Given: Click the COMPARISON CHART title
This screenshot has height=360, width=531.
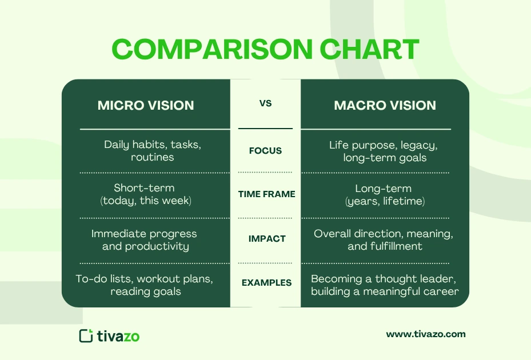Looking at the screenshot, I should (265, 50).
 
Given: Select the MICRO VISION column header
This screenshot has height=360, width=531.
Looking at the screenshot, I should (146, 105).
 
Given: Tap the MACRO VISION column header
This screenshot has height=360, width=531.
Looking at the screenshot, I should (385, 105).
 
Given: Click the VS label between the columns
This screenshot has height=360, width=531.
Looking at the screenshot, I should (265, 104).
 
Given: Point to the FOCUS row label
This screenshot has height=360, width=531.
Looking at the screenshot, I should (265, 151).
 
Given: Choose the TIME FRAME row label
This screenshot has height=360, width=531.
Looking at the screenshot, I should (266, 194).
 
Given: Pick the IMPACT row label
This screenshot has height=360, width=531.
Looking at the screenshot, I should (265, 239).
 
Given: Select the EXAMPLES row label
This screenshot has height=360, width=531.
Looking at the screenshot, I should (266, 283).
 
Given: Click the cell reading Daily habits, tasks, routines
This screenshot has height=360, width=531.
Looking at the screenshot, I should (152, 151).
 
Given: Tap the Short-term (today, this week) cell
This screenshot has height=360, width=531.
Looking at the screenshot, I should (152, 194).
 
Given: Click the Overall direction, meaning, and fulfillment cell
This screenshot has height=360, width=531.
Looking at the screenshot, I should (384, 240).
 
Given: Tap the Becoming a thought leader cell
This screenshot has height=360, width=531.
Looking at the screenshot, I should (385, 285).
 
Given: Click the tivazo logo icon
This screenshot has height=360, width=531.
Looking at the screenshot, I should (86, 335).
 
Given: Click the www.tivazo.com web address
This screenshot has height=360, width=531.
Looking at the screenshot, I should (426, 334).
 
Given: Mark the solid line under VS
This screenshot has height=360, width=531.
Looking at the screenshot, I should (265, 129).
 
